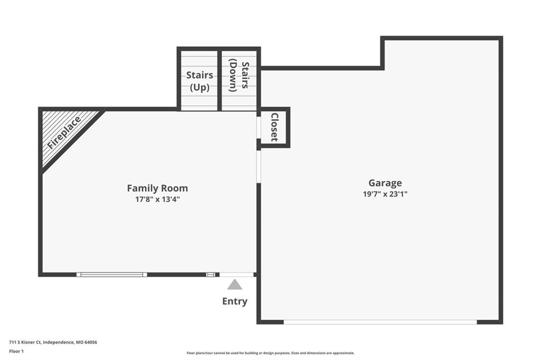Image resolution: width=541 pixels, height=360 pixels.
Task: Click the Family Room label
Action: [x=157, y=188]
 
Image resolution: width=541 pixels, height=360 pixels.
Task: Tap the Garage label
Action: [x=385, y=183]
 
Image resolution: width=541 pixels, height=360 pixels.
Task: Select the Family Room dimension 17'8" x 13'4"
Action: [x=157, y=199]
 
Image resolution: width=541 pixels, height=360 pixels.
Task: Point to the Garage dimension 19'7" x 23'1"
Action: [x=385, y=194]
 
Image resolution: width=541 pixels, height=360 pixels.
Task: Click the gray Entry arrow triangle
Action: [x=235, y=285]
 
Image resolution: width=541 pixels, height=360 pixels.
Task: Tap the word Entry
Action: [x=235, y=301]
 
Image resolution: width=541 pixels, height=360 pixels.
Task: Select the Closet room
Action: [x=274, y=127]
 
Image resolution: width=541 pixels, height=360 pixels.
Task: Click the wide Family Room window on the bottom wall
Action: [x=111, y=274]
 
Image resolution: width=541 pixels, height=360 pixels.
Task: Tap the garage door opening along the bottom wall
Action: [x=380, y=322]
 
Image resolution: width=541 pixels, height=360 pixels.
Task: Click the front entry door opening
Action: [x=237, y=274]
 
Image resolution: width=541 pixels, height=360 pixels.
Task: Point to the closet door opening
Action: [x=259, y=128]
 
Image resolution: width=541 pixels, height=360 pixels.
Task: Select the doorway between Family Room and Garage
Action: [x=259, y=167]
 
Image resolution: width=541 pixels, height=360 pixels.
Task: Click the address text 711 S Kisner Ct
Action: [x=25, y=343]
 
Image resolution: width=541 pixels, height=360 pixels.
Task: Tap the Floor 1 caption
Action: [x=16, y=352]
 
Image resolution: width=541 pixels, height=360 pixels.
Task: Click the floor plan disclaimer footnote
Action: [x=270, y=353]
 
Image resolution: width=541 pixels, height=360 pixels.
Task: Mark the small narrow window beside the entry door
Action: [x=210, y=274]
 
